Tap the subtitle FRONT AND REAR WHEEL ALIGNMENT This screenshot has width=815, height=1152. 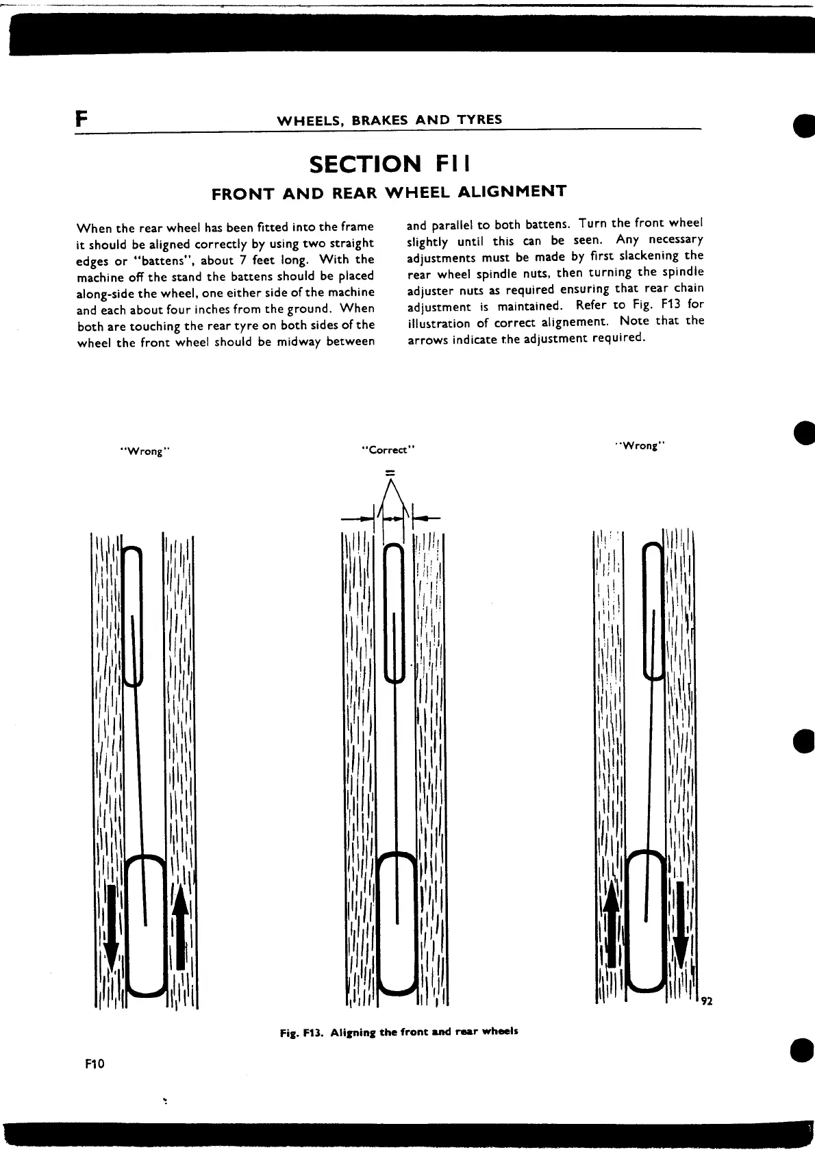pos(389,192)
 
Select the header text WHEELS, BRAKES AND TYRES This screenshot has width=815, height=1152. pos(389,120)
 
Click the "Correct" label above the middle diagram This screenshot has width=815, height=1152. pos(389,450)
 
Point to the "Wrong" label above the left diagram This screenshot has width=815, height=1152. pos(145,451)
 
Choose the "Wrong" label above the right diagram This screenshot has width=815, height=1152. pos(641,446)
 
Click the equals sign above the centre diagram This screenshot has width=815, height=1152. pos(390,472)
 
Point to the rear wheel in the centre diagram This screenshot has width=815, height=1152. pos(398,922)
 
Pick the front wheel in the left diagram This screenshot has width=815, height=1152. pos(133,616)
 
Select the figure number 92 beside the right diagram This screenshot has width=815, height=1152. pos(707,1001)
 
